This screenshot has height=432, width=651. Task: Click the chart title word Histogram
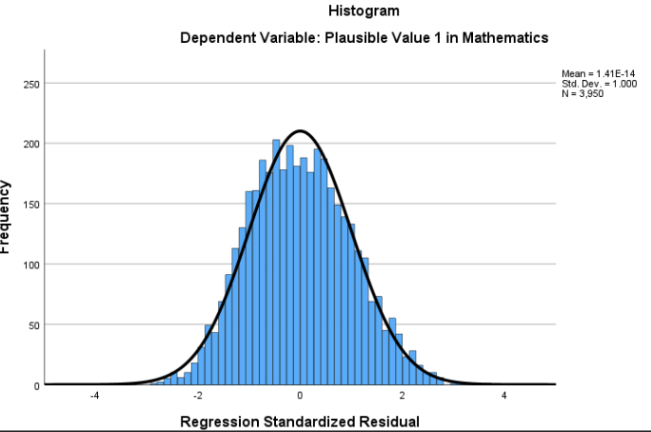[363, 11]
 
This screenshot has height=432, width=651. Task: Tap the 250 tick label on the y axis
[30, 84]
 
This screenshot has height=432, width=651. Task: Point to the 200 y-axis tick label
[30, 144]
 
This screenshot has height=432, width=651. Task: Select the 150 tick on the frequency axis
[30, 204]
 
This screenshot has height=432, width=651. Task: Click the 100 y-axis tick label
[30, 265]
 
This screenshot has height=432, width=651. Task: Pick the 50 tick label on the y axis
[32, 324]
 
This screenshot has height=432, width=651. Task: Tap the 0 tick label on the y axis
[35, 384]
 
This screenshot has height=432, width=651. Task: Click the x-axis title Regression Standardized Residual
[300, 422]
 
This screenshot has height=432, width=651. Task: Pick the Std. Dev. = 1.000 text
[600, 84]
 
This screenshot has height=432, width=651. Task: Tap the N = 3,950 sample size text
[583, 93]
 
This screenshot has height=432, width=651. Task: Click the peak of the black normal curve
[300, 130]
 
